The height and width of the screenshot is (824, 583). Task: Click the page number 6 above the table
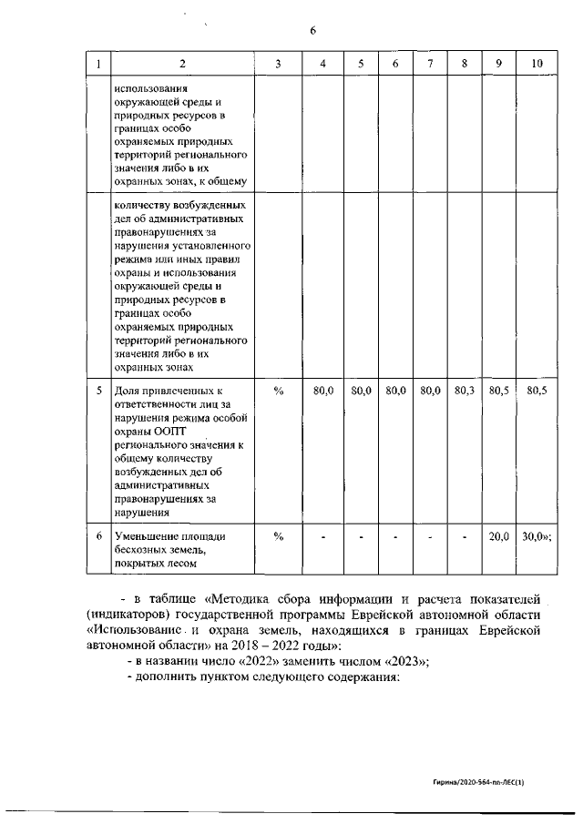click(x=312, y=31)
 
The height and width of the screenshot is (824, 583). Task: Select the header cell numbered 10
click(x=537, y=63)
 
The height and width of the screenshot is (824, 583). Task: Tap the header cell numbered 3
click(x=279, y=63)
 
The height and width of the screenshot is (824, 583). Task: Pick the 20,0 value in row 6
click(x=498, y=537)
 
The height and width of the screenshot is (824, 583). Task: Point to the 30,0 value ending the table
click(x=537, y=537)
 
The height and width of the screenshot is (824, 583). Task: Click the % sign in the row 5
click(x=279, y=391)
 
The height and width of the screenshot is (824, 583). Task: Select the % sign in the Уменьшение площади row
click(x=279, y=537)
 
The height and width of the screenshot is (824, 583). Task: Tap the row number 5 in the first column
click(x=98, y=391)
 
